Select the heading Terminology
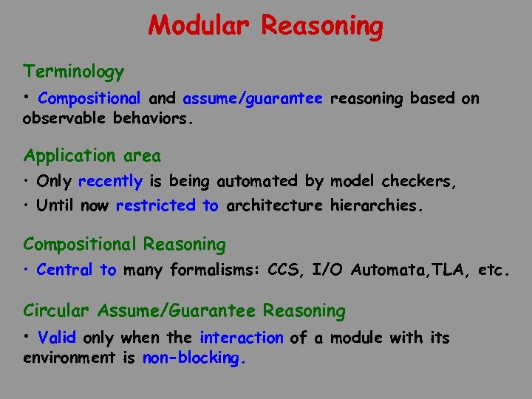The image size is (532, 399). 73,72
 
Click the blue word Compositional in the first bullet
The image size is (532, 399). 89,98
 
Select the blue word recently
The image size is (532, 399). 110,181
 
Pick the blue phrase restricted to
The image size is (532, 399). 167,205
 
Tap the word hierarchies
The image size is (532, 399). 378,205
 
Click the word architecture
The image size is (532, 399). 274,205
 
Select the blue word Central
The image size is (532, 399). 64,270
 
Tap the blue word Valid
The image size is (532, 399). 57,338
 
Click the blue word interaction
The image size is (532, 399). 241,338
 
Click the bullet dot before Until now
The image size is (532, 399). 27,205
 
